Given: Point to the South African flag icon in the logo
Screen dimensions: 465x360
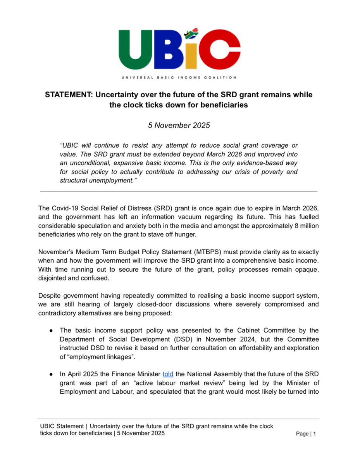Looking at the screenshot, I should coord(190,34).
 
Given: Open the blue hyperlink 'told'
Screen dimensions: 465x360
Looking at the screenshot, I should coord(168,374).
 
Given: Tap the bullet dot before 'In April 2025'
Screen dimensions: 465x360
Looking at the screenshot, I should coord(51,374).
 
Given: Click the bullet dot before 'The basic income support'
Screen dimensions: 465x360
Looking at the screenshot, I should coord(51,331).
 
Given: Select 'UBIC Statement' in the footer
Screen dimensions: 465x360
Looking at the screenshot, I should coord(60,426).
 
